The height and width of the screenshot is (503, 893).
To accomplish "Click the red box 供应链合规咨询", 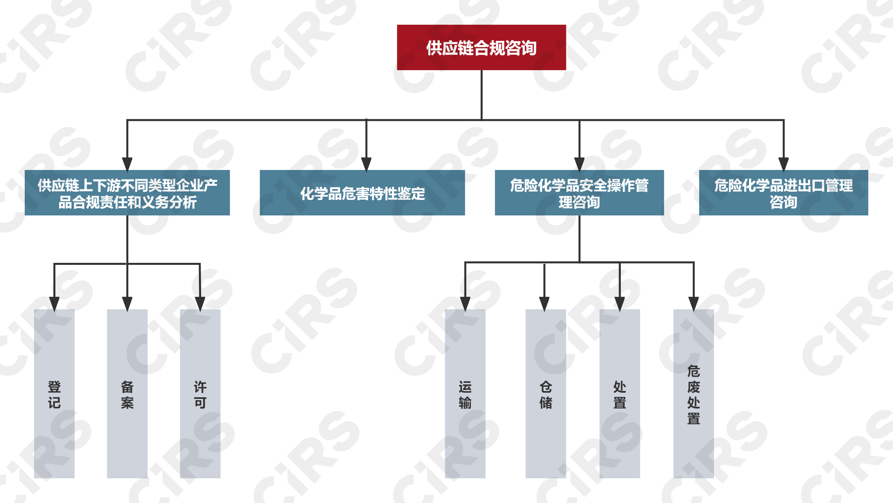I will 481,47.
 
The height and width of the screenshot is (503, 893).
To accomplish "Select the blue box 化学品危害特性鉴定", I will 362,193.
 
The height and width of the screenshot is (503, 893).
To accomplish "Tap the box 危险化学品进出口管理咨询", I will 784,193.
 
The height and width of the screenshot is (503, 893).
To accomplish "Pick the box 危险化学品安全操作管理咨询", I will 579,193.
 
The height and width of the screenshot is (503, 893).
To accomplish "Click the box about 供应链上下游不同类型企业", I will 127,193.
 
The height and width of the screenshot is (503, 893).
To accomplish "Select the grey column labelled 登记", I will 54,394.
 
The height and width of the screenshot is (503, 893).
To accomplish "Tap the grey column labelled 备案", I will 127,394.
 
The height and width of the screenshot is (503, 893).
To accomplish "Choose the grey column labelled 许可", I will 200,394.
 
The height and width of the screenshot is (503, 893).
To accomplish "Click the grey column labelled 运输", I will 465,394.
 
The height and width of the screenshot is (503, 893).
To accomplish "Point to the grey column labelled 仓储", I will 546,394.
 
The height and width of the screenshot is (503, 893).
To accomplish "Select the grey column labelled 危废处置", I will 693,394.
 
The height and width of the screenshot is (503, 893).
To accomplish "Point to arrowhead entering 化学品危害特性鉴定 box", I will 366,164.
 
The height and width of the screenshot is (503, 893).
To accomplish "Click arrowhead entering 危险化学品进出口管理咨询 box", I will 784,164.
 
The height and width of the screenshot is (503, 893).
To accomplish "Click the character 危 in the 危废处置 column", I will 693,371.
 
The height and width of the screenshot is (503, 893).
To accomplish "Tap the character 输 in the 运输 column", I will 465,403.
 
